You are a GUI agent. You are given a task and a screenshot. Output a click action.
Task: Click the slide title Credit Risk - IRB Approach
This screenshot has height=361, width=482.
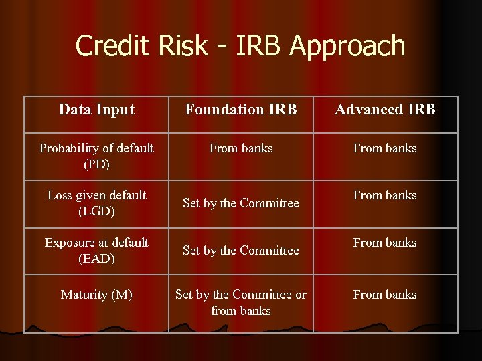[240, 46]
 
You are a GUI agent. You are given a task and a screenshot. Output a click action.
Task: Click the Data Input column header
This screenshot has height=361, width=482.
[96, 109]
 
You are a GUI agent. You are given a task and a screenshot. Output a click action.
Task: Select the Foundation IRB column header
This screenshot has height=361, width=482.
[241, 109]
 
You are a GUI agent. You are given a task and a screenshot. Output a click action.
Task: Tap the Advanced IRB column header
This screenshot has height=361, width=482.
[385, 109]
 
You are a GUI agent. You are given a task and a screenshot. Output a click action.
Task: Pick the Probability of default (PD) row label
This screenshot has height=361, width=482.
[96, 156]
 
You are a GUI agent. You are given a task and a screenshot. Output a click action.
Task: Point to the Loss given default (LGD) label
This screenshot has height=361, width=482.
[96, 203]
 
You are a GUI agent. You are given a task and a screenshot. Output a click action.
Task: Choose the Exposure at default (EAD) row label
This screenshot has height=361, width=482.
[96, 250]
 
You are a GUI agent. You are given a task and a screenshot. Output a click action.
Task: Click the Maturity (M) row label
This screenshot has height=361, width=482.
[96, 295]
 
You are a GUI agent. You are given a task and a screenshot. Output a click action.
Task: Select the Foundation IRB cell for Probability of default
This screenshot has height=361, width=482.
[241, 148]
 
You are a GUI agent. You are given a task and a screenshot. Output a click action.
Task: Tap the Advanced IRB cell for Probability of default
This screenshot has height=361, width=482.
[385, 148]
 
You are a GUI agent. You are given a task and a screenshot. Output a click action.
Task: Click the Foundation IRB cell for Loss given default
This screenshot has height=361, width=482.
[241, 203]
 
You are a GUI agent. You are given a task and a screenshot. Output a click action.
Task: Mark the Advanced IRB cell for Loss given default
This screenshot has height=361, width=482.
[385, 195]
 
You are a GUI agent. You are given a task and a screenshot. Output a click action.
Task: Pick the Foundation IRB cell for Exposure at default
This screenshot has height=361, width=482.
[241, 251]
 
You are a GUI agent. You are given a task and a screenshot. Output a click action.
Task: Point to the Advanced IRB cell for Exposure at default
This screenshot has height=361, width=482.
[385, 243]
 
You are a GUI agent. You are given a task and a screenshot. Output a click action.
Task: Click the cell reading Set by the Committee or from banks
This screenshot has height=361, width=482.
[241, 303]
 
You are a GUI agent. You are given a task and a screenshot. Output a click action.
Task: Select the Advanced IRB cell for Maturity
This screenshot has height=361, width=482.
[385, 295]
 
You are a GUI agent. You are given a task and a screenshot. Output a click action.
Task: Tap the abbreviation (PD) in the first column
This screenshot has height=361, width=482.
[96, 164]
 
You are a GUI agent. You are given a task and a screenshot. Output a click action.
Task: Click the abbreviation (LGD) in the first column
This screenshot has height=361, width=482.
[96, 211]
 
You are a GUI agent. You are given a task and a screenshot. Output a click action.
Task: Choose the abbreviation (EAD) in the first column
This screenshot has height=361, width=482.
[96, 258]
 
